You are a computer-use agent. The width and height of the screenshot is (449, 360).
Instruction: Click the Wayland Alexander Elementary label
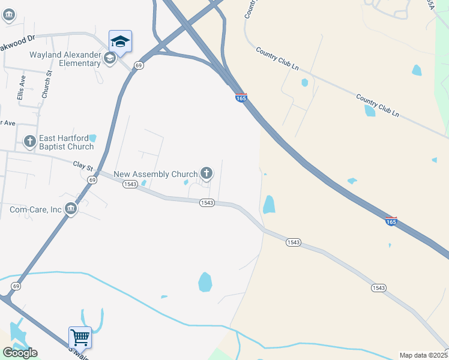[x=65, y=59]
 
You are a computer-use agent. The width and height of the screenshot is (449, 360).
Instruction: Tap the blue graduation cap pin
[x=120, y=41]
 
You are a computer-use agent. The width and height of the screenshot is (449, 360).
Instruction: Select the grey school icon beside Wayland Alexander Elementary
[x=109, y=58]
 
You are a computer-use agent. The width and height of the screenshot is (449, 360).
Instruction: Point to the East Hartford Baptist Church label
[x=66, y=142]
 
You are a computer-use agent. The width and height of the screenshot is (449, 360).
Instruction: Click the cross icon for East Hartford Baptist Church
[x=29, y=142]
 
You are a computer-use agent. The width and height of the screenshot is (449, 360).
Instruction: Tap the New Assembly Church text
[x=155, y=174]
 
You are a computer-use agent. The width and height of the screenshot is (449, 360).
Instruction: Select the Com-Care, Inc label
[x=35, y=209]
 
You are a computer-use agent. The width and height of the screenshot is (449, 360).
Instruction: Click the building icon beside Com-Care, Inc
[x=71, y=209]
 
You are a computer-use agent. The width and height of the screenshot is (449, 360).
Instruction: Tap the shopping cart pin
[x=80, y=337]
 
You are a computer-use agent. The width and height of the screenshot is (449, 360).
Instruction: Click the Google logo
[x=20, y=353]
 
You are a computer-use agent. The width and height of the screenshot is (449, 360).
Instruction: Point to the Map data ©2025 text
[x=423, y=355]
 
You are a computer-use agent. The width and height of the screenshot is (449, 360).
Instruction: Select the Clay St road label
[x=83, y=163]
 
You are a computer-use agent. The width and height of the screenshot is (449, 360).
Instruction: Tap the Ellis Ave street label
[x=21, y=88]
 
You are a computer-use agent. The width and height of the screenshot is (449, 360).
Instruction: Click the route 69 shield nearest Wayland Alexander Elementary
[x=139, y=65]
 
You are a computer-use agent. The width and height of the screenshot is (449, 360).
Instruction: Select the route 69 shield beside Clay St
[x=91, y=179]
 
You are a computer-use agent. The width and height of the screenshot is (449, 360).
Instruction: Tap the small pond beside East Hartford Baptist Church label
[x=92, y=139]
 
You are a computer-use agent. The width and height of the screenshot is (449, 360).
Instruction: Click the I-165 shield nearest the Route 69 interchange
[x=241, y=98]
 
